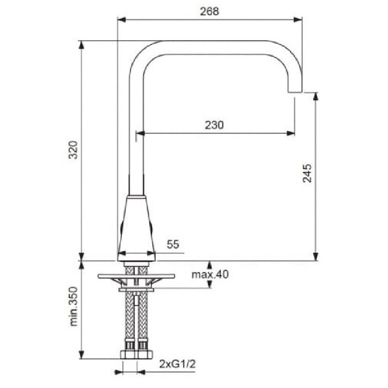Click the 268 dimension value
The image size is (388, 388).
pyautogui.click(x=210, y=11)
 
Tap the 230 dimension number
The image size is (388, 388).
pyautogui.click(x=214, y=125)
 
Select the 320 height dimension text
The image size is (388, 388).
pyautogui.click(x=73, y=150)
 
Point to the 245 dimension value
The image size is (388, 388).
pyautogui.click(x=307, y=173)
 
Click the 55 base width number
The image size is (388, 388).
pyautogui.click(x=173, y=244)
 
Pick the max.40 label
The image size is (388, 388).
pyautogui.click(x=210, y=274)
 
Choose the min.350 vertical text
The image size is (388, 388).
pyautogui.click(x=74, y=307)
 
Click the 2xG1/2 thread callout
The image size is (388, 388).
pyautogui.click(x=178, y=364)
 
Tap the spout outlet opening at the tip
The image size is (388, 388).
pyautogui.click(x=295, y=92)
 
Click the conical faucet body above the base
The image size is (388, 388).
pyautogui.click(x=136, y=228)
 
